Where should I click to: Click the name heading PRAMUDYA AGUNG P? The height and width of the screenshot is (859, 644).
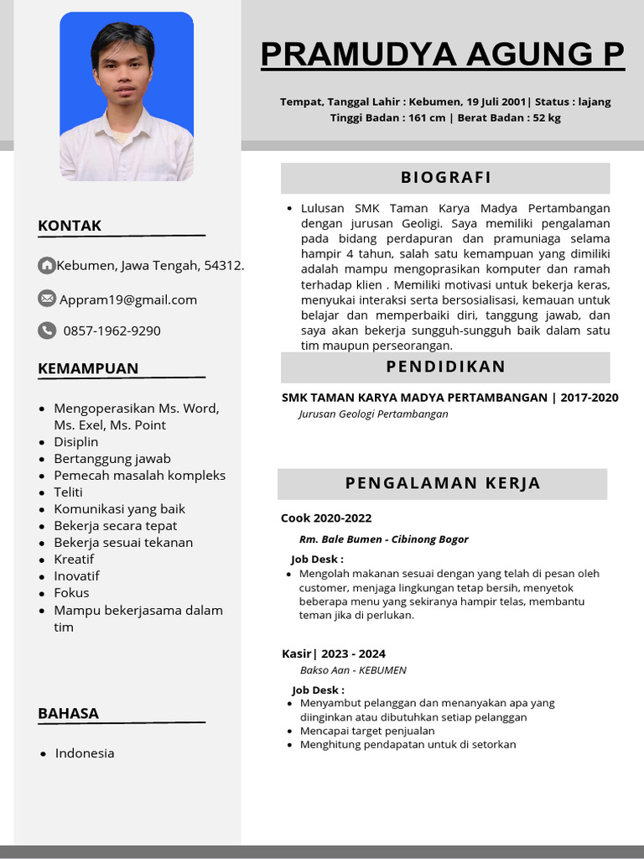(x=442, y=55)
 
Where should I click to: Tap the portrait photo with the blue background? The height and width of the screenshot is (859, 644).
(x=127, y=96)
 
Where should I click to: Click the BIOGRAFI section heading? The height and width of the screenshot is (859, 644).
(x=445, y=178)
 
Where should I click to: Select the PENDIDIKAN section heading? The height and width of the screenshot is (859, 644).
(x=445, y=367)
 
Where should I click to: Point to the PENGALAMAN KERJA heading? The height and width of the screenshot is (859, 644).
(x=443, y=483)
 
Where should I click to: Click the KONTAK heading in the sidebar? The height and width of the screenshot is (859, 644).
(x=70, y=226)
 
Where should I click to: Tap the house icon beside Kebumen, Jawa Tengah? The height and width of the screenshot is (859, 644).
(x=47, y=266)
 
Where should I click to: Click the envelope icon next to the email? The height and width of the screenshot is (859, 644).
(x=47, y=299)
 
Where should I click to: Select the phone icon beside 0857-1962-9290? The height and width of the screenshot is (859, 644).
(x=47, y=331)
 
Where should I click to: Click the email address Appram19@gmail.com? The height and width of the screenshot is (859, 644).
(x=128, y=299)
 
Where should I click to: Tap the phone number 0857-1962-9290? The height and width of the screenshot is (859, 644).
(x=112, y=331)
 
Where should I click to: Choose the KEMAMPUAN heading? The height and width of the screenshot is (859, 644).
(x=88, y=368)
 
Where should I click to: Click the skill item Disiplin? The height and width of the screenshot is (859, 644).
(x=76, y=442)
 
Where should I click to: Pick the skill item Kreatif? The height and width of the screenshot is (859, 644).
(x=74, y=560)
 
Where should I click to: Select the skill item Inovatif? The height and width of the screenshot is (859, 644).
(x=76, y=576)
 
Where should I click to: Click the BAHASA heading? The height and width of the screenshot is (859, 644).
(x=68, y=714)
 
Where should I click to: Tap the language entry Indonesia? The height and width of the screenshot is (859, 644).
(x=85, y=753)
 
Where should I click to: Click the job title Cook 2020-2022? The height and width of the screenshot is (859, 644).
(x=326, y=518)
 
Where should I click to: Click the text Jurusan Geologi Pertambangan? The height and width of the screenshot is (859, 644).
(x=373, y=414)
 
